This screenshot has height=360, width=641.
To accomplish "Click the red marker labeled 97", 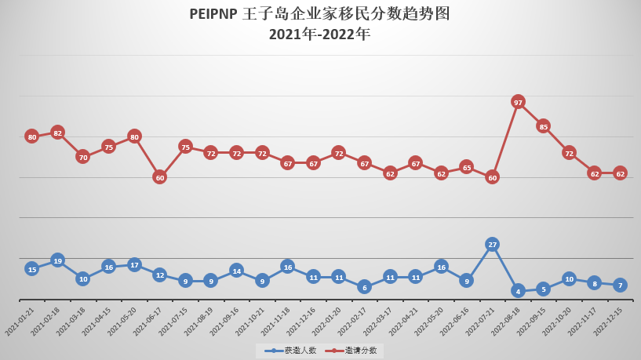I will [518, 102].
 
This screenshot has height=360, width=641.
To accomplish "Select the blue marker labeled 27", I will [492, 244].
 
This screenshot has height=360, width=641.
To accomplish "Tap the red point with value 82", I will [57, 133].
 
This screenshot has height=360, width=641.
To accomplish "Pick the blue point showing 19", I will [57, 260].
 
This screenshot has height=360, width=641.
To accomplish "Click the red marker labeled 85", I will [543, 125].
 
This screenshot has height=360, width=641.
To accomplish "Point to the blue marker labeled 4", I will [518, 291].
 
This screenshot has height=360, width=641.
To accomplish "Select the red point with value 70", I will [83, 157].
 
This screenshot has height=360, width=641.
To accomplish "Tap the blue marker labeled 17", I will [134, 265].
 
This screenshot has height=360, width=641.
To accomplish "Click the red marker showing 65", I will [466, 167].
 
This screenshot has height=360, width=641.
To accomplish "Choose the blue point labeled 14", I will [236, 271].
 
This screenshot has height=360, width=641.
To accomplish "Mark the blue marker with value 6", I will [364, 287].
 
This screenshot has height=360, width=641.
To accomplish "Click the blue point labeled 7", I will [620, 285].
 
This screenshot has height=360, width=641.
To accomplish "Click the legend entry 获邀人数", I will [287, 351].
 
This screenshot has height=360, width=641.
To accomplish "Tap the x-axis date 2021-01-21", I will [20, 321].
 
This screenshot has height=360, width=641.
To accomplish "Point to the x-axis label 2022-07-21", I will [481, 321].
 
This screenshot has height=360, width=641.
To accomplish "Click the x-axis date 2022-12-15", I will [609, 321].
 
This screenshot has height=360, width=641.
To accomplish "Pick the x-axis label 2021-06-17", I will [148, 321].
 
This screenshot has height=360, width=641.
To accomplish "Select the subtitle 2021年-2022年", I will [319, 34].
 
